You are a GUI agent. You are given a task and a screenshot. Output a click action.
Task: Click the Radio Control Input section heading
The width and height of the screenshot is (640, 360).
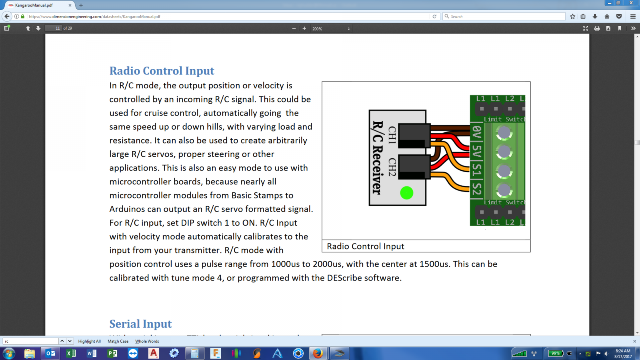pyautogui.click(x=162, y=71)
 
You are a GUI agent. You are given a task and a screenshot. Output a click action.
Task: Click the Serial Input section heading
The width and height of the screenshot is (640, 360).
pyautogui.click(x=140, y=324)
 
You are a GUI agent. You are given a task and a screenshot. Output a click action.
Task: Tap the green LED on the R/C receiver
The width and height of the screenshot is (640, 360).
pyautogui.click(x=406, y=192)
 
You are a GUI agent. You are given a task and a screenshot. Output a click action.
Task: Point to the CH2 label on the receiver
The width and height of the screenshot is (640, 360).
pyautogui.click(x=392, y=167)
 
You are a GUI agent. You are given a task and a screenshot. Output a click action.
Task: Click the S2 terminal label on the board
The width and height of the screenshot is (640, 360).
pyautogui.click(x=477, y=189)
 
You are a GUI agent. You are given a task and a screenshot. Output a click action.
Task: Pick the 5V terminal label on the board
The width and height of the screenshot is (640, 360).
pyautogui.click(x=477, y=152)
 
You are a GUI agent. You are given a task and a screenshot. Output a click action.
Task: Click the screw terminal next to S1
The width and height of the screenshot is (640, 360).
pyautogui.click(x=504, y=171)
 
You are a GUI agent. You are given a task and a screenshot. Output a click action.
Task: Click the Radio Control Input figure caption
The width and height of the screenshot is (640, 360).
pyautogui.click(x=366, y=246)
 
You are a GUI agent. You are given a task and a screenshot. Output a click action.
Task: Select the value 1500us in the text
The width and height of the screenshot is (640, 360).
pyautogui.click(x=434, y=264)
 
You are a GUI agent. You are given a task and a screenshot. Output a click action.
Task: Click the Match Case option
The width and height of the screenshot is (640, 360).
pyautogui.click(x=118, y=341)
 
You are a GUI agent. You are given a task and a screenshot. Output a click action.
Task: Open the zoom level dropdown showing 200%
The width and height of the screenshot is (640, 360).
pyautogui.click(x=331, y=28)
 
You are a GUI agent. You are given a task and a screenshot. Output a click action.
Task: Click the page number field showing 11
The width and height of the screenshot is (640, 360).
pyautogui.click(x=53, y=28)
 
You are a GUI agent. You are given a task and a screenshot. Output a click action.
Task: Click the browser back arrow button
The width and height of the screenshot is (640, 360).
pyautogui.click(x=7, y=16)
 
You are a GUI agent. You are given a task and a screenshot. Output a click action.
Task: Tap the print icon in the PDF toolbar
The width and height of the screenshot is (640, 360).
pyautogui.click(x=597, y=28)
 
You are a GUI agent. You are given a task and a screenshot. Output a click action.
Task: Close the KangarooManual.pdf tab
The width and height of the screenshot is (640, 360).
pyautogui.click(x=70, y=5)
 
